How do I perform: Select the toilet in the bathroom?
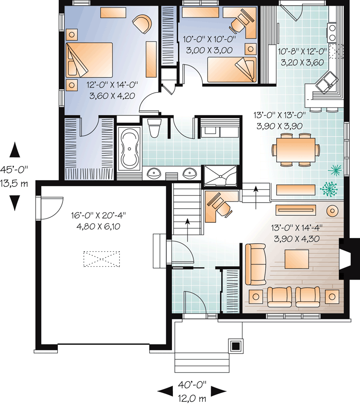tap(154, 128)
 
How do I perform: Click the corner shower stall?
tap(220, 176)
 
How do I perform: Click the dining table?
tap(296, 150)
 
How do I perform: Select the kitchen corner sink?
tap(326, 82)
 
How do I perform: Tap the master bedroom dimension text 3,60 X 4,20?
tap(112, 96)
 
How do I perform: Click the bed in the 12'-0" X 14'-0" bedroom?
tap(90, 60)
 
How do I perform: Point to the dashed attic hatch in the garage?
tap(102, 259)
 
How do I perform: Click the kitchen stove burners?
tap(332, 33)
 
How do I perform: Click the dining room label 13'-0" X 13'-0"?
tap(279, 115)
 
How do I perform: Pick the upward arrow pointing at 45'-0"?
tap(15, 150)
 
